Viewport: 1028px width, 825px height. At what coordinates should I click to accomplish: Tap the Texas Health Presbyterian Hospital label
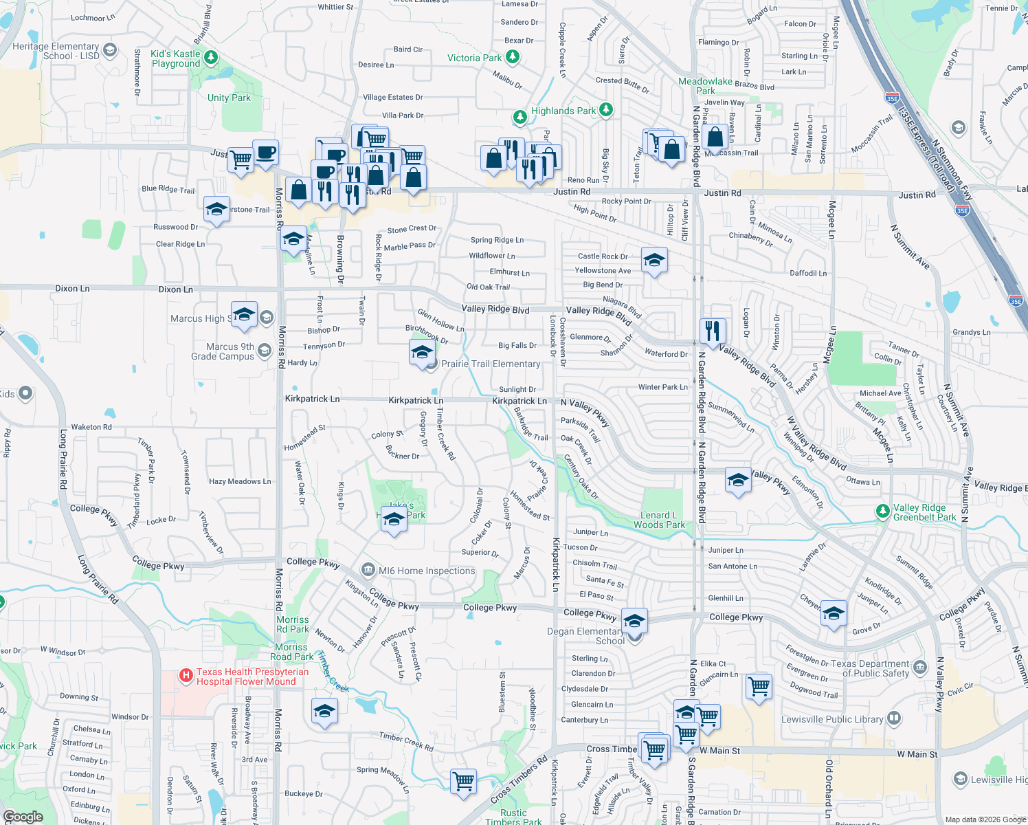[252, 677]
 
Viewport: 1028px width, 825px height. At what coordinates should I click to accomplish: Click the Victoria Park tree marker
[511, 57]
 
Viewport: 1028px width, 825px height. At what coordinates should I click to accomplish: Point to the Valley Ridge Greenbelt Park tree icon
[883, 511]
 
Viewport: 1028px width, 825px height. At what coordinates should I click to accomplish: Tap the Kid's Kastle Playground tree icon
[212, 57]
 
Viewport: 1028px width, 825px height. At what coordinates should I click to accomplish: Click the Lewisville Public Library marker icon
[894, 718]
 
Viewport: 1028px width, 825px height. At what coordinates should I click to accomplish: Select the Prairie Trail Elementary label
[491, 364]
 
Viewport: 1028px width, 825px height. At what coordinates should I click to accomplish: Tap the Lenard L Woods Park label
[659, 520]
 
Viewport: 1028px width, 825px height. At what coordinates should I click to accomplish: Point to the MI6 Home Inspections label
[427, 571]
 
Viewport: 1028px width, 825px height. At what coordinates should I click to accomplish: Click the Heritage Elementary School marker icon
[110, 50]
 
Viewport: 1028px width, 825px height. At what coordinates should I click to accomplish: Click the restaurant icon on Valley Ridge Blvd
[713, 331]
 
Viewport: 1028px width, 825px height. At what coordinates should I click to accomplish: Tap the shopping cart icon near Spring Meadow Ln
[464, 781]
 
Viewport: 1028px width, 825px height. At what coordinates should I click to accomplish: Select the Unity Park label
[229, 98]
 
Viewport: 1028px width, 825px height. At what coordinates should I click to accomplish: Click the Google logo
[23, 817]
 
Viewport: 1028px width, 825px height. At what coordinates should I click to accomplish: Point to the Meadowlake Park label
[705, 86]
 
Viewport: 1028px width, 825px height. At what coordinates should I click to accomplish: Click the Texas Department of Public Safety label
[869, 668]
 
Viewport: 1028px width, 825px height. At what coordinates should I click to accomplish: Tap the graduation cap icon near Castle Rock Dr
[654, 261]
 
